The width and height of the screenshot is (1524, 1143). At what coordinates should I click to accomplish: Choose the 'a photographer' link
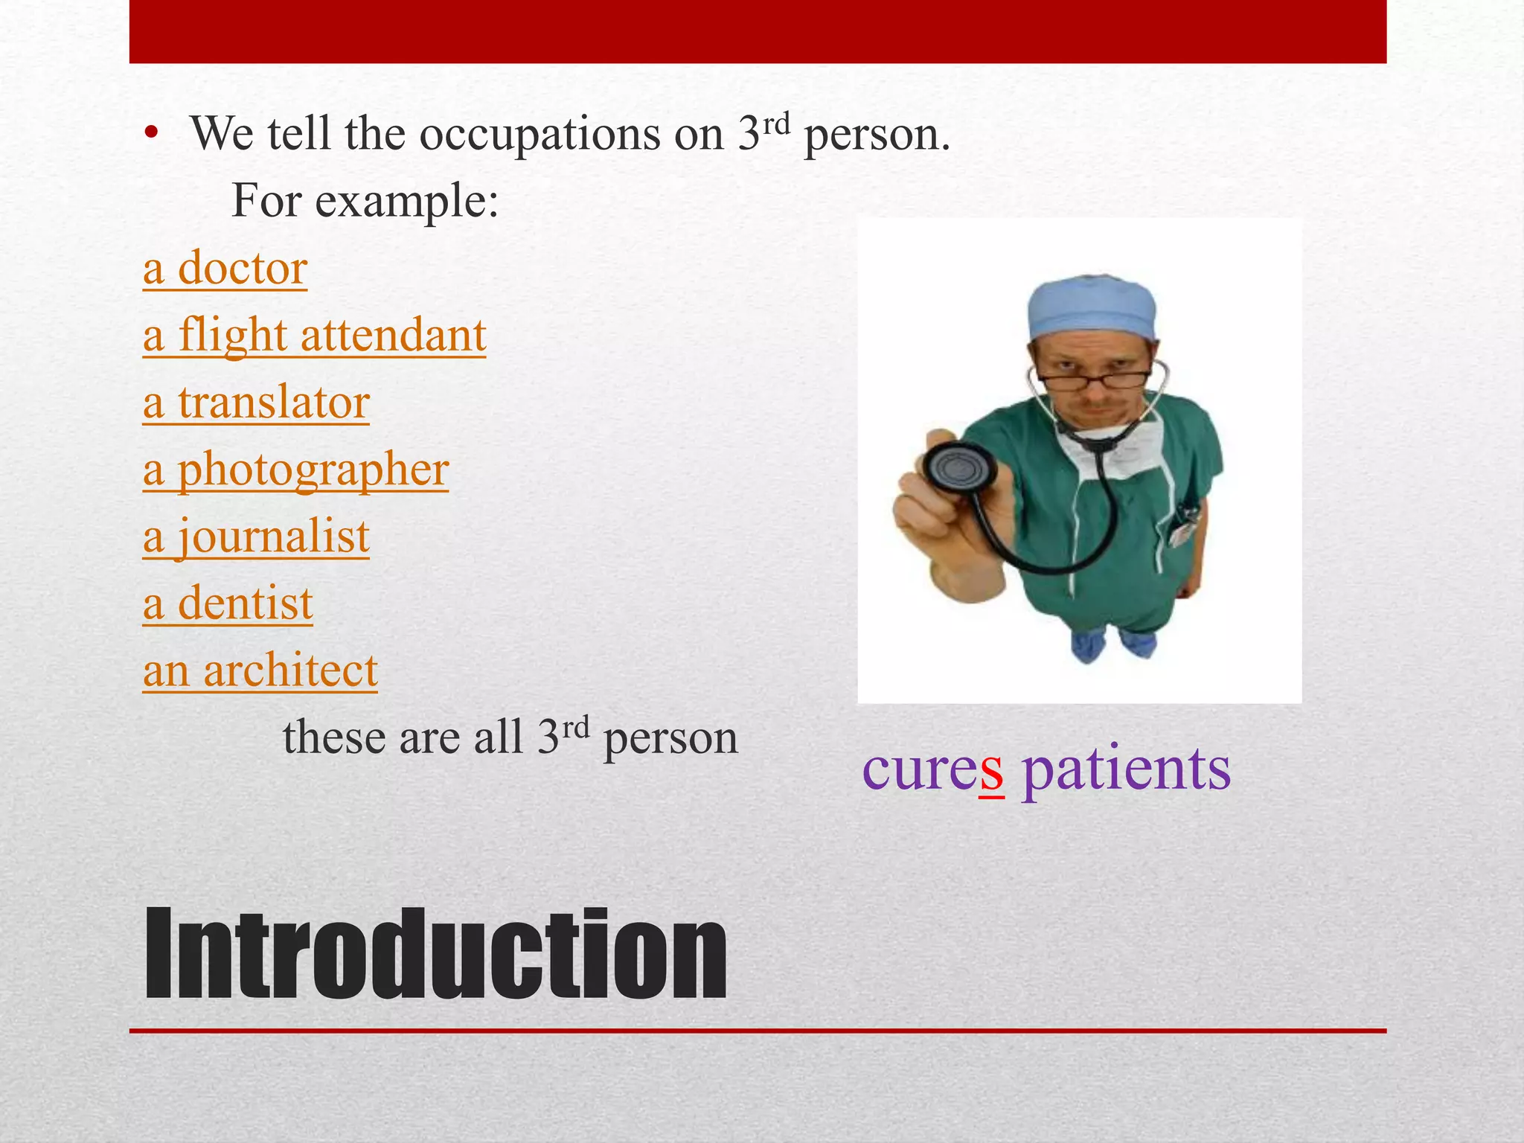click(x=295, y=470)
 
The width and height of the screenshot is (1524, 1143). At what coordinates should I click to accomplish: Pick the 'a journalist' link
click(x=256, y=537)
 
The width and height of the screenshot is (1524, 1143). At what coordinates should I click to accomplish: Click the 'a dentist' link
click(x=228, y=603)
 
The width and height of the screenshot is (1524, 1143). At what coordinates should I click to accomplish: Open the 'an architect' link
click(x=260, y=670)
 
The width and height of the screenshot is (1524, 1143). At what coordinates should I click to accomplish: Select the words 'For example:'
click(x=365, y=201)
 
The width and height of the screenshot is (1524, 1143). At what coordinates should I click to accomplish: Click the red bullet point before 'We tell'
click(x=152, y=134)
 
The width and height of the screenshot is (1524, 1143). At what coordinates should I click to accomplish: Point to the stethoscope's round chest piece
click(x=960, y=470)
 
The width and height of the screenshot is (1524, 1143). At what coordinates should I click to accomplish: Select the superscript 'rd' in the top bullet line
click(x=776, y=124)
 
